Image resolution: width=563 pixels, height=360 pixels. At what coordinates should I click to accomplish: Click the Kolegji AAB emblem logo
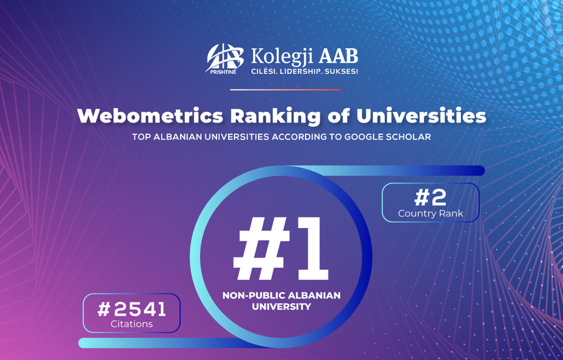pos(225,58)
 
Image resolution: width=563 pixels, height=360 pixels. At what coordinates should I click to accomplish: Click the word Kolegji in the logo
pos(282,57)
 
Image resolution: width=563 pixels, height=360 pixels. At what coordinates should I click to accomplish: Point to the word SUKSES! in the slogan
pos(341,72)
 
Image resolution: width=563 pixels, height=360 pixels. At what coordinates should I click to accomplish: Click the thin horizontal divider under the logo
pos(286,90)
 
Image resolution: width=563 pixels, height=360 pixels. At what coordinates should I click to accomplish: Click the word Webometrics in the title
pos(150,116)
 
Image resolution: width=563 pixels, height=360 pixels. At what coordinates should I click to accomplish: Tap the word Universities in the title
pos(421,116)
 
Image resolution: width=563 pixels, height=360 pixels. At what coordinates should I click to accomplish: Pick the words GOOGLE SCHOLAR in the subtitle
pos(388,137)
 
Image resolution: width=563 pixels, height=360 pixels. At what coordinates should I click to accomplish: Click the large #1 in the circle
pos(280,249)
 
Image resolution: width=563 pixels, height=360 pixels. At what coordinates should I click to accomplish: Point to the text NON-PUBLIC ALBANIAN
pos(281,296)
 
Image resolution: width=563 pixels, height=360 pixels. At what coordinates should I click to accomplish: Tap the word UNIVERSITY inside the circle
pos(281,307)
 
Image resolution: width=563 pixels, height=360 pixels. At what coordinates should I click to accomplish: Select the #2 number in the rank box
pos(430,198)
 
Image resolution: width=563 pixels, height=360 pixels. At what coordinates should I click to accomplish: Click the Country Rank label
pos(430,213)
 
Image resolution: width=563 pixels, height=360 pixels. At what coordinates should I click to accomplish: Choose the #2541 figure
pos(132,309)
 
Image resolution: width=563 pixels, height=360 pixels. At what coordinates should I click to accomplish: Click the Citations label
pos(132,324)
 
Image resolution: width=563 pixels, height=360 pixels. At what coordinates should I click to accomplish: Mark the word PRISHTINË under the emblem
pos(223,72)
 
